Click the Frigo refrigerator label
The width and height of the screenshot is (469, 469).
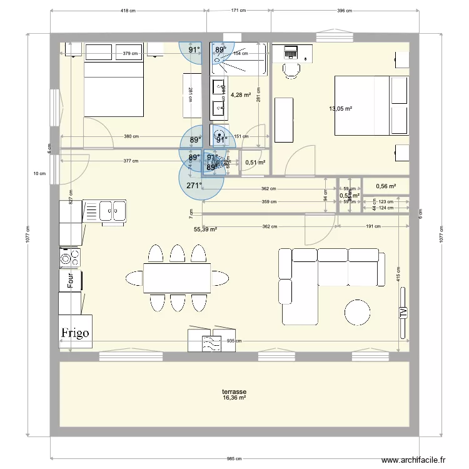tap(76, 333)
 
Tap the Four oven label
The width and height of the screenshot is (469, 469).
tap(71, 280)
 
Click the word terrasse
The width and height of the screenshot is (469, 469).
tap(234, 392)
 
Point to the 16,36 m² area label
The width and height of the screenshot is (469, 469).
tap(234, 398)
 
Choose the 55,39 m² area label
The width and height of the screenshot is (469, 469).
tap(205, 229)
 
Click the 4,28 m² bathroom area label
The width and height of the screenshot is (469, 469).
tap(241, 96)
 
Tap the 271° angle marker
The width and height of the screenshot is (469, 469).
tap(194, 186)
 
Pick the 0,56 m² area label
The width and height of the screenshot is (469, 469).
tap(385, 186)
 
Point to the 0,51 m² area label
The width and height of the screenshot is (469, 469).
tap(255, 163)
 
